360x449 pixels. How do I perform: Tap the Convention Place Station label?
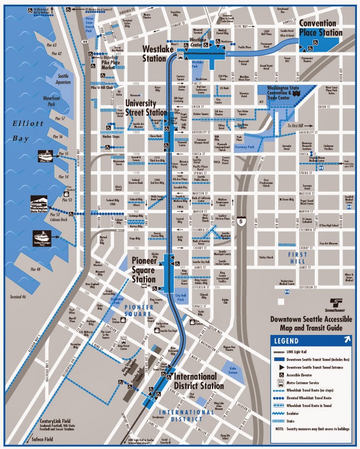pos(320,28)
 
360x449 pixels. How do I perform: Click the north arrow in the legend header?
pos(347,340)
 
